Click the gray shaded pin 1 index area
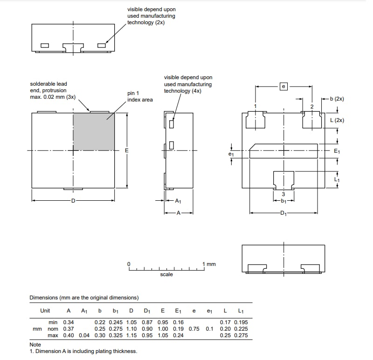pos(94,131)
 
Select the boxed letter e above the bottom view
pos(283,86)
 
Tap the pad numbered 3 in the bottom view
pos(283,180)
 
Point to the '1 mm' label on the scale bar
pos(209,264)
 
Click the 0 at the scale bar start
pos(129,264)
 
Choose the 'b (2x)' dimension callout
pos(337,99)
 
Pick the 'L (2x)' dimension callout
pos(337,120)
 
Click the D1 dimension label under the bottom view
pos(283,213)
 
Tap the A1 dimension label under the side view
pos(178,201)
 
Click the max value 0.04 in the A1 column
pos(84,335)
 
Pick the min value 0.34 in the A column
pos(69,322)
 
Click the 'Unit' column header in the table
pos(45,311)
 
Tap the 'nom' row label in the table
pos(53,329)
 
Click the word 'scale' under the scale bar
pos(166,274)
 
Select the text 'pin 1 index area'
pos(140,96)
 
